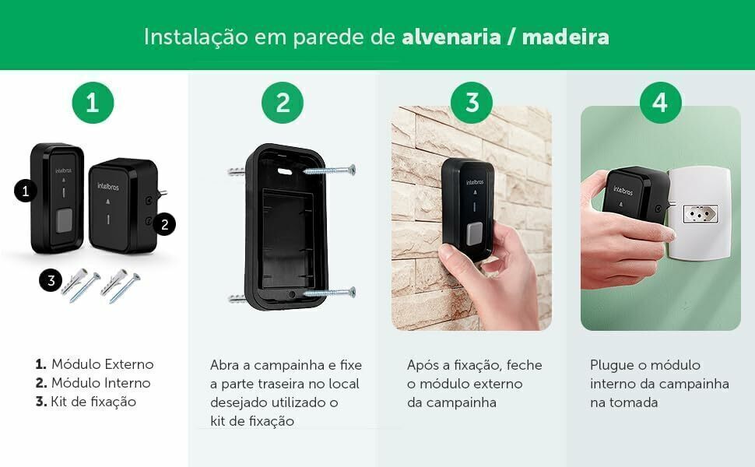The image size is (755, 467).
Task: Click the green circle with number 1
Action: point(93,103)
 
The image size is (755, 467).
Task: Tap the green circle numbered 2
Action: point(283,103)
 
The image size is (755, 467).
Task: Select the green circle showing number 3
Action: point(472,103)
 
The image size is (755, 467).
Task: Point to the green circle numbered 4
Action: point(661,103)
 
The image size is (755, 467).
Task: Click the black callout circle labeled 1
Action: point(26,191)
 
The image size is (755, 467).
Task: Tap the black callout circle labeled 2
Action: point(164,224)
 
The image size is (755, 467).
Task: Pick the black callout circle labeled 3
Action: point(51,280)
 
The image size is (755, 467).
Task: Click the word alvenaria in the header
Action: point(451,37)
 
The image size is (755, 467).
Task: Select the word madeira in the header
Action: point(565,37)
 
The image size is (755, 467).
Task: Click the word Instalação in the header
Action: point(196,37)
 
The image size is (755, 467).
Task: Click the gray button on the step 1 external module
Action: point(64,221)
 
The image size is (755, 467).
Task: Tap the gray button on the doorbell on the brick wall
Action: point(474,233)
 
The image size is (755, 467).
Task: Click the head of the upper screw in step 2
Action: point(353,170)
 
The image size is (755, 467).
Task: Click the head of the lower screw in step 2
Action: point(353,292)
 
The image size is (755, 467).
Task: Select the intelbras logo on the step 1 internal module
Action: point(108,186)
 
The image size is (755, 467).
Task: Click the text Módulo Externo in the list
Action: point(103,364)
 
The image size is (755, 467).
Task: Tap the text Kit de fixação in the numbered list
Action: point(93,402)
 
